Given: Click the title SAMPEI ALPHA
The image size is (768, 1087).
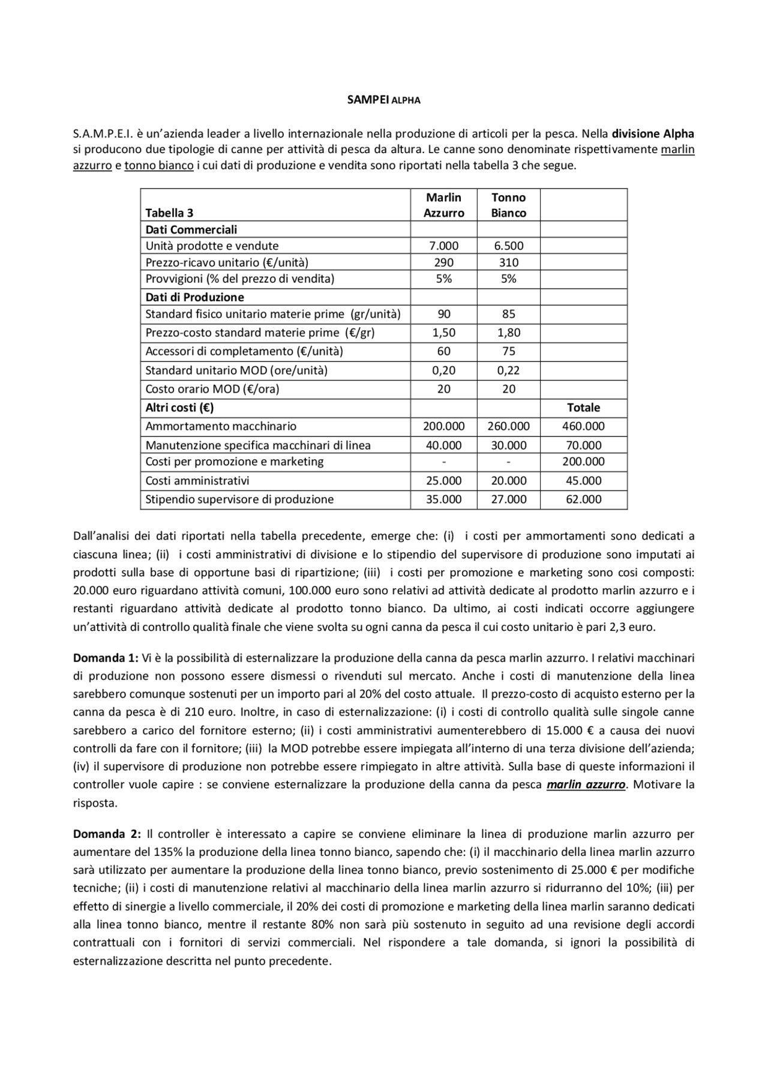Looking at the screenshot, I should click(383, 100).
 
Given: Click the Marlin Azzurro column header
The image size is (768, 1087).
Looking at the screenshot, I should click(443, 205).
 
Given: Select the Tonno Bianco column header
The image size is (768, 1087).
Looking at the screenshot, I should click(508, 205).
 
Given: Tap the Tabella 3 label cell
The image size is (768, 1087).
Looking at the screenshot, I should click(169, 212).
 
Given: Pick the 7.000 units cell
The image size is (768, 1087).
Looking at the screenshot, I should click(443, 245).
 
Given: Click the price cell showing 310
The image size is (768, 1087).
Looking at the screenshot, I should click(508, 262).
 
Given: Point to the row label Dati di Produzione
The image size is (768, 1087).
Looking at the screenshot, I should click(194, 297).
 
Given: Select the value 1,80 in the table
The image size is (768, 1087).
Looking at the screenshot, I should click(508, 333).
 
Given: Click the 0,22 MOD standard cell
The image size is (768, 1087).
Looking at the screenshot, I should click(508, 370).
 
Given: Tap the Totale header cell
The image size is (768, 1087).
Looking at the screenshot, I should click(583, 408).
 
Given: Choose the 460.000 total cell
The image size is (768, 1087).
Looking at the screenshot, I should click(583, 426).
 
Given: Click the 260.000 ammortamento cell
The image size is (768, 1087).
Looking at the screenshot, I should click(508, 426).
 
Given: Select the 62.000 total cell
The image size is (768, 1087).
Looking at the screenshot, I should click(583, 499).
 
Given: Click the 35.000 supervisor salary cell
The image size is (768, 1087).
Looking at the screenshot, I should click(443, 499).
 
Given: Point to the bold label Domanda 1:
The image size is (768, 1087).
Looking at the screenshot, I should click(106, 658).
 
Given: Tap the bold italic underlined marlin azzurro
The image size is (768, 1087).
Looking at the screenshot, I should click(586, 784).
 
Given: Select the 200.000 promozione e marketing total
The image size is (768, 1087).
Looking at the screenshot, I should click(583, 462).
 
